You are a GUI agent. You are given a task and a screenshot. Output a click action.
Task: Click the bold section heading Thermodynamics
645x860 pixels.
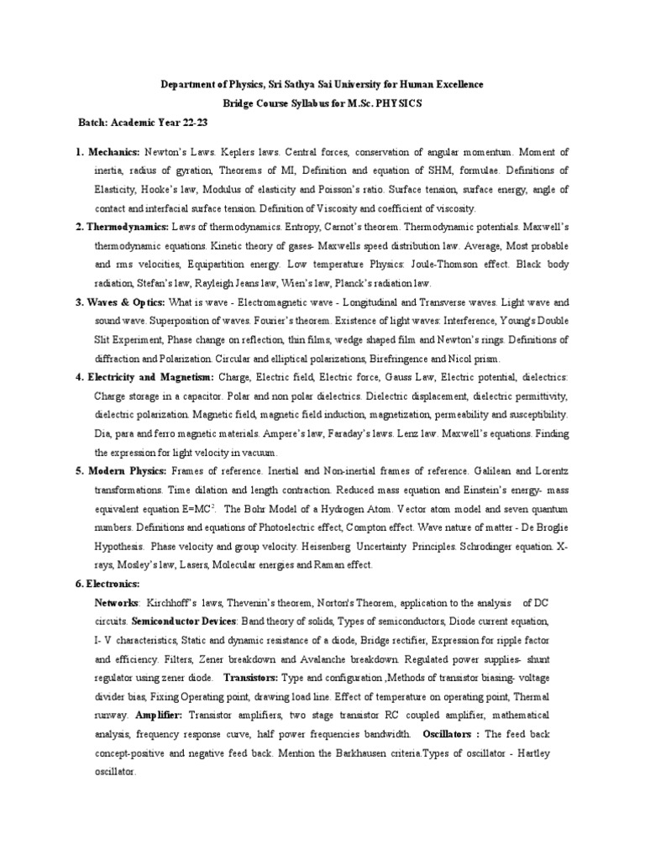coord(128,227)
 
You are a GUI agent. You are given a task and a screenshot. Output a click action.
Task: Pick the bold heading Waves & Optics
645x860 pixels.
coord(126,302)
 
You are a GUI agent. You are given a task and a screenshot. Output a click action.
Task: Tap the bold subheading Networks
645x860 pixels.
coord(117,602)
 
